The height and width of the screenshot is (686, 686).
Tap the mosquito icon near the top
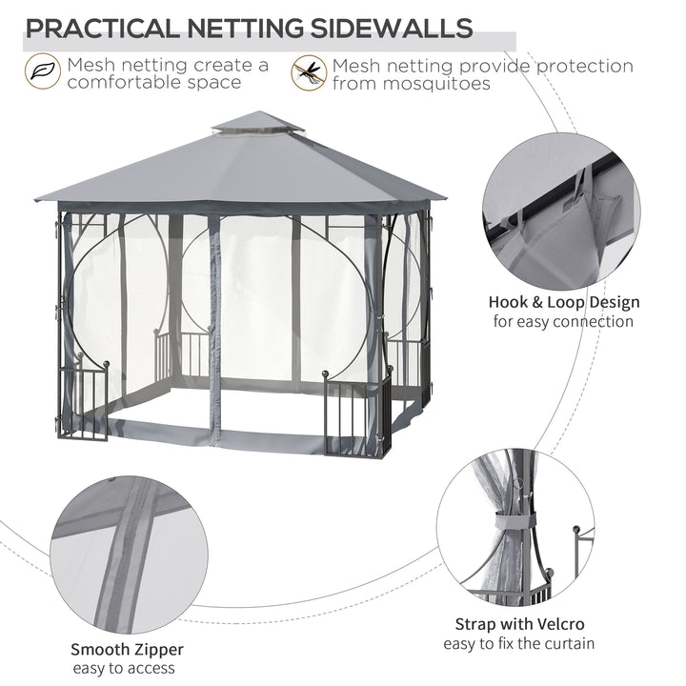(x=307, y=71)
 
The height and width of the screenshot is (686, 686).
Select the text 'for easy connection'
(x=562, y=322)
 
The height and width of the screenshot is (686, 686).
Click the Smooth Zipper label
(x=127, y=649)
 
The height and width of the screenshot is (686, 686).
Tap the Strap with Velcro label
(x=533, y=625)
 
